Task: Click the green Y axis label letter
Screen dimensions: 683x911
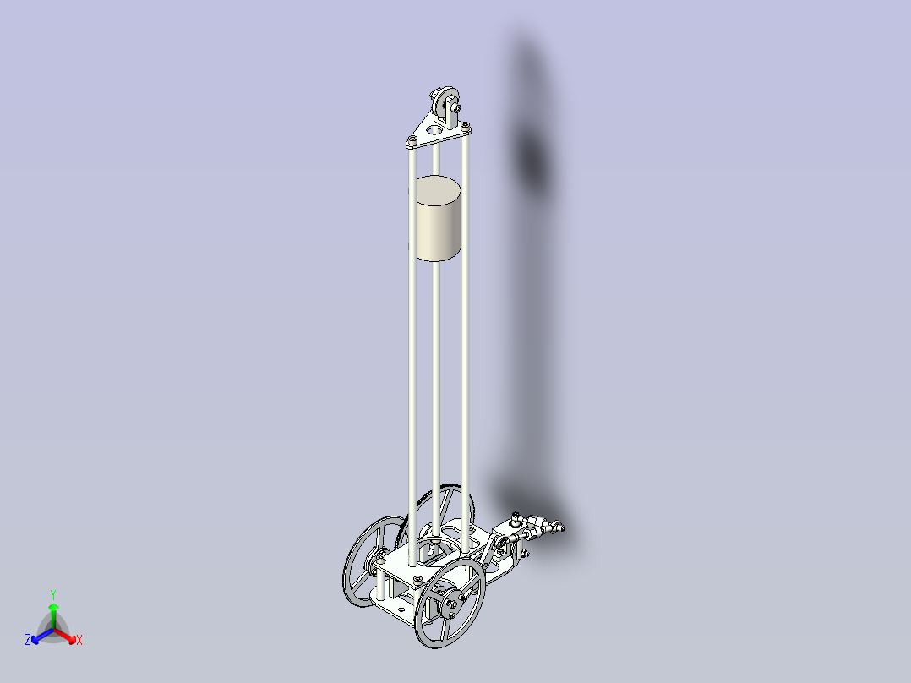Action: click(52, 593)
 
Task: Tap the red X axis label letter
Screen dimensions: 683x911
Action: click(79, 641)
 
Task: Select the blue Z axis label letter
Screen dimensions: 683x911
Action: click(28, 641)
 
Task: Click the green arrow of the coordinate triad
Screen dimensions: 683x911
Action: click(52, 610)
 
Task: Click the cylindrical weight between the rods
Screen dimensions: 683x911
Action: click(439, 219)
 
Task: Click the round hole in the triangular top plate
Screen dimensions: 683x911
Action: click(434, 131)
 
